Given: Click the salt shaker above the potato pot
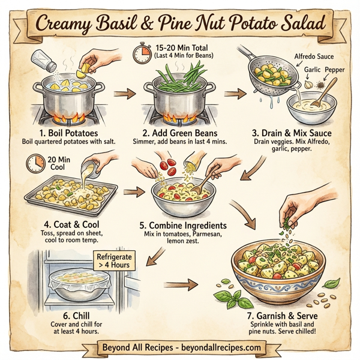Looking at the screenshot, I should (41, 62).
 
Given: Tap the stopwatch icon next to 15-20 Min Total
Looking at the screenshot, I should (142, 53).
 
